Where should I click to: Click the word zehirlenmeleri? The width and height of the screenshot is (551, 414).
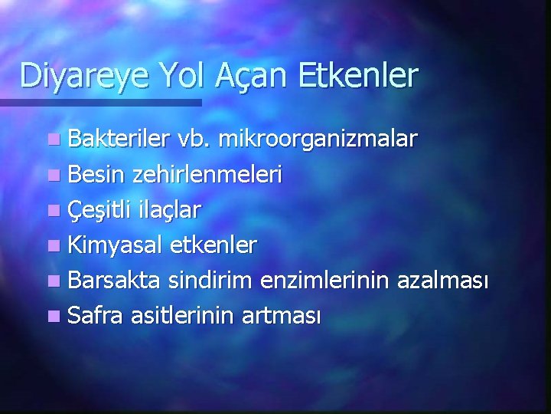[207, 175]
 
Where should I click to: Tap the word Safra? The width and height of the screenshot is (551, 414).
[96, 314]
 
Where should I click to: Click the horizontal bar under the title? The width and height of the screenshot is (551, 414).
[99, 102]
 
